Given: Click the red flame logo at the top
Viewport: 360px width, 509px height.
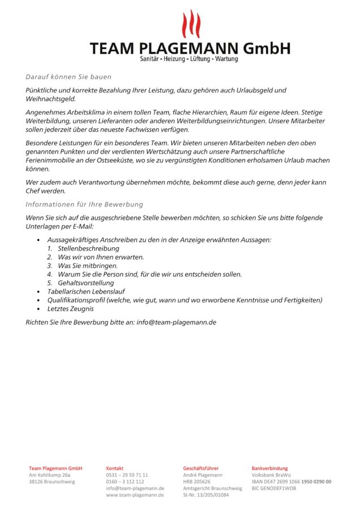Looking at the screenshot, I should (190, 24).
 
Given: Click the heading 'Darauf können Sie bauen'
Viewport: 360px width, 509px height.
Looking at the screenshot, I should (68, 77).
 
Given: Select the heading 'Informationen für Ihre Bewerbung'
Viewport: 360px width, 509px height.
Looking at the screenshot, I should (84, 204).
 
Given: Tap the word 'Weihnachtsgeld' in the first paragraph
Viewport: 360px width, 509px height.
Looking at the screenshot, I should (50, 98).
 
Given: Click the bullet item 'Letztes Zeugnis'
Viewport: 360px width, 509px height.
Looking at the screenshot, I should (71, 309).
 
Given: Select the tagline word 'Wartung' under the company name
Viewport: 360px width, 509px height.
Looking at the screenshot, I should (227, 59).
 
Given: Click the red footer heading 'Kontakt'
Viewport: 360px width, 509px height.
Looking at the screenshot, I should (115, 468).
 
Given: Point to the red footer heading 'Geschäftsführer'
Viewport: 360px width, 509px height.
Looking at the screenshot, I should (202, 468).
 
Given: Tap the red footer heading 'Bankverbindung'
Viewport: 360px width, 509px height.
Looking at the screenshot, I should (270, 468).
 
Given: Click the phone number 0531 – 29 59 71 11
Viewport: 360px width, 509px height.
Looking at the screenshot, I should (127, 475).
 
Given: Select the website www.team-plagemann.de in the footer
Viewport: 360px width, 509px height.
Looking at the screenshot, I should (135, 495).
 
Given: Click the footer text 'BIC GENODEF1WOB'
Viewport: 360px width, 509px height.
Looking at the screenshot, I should (274, 488).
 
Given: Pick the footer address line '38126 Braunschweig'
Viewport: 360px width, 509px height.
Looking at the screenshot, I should (52, 482).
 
